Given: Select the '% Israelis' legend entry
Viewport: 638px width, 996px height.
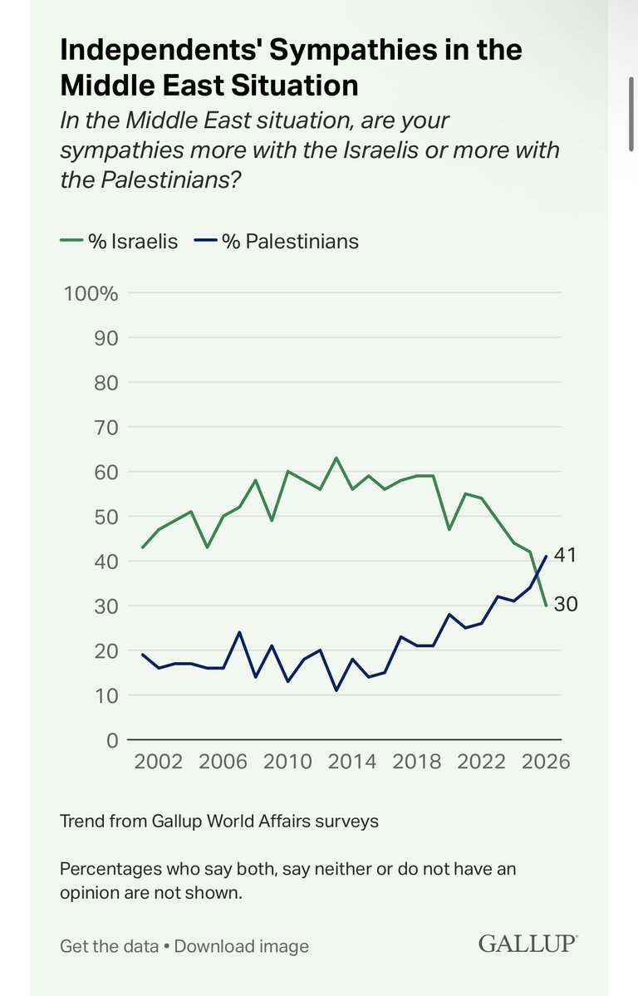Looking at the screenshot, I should pyautogui.click(x=120, y=242).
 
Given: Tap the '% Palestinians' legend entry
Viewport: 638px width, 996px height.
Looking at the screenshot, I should pyautogui.click(x=278, y=242).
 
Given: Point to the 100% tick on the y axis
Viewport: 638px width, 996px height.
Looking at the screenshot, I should pyautogui.click(x=91, y=294).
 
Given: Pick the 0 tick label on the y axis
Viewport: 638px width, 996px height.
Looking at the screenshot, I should pyautogui.click(x=110, y=739).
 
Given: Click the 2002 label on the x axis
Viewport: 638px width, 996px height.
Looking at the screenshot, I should pyautogui.click(x=158, y=762).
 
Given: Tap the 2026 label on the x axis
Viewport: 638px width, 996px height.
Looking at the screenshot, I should pyautogui.click(x=545, y=762).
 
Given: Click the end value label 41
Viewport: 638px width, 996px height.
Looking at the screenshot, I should pyautogui.click(x=565, y=556).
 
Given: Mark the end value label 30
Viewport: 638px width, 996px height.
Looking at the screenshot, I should pyautogui.click(x=565, y=605).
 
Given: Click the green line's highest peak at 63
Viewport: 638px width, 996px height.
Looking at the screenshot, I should pyautogui.click(x=336, y=459).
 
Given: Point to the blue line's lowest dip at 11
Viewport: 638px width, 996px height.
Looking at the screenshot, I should pyautogui.click(x=336, y=690).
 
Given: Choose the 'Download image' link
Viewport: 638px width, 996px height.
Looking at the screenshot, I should pyautogui.click(x=241, y=946).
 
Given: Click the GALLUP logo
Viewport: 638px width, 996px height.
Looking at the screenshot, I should pyautogui.click(x=528, y=944).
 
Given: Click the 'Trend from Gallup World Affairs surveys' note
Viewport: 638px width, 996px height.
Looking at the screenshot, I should pyautogui.click(x=219, y=821).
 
